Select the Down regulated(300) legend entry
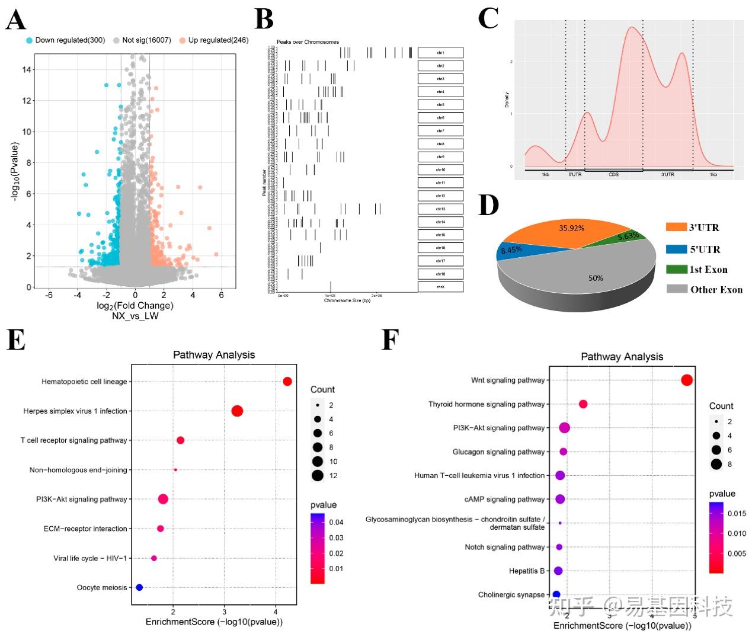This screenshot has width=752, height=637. (x=65, y=40)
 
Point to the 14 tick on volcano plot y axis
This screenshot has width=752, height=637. (x=27, y=69)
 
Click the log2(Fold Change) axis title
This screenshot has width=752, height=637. (x=135, y=306)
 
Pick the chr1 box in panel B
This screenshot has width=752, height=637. (x=440, y=53)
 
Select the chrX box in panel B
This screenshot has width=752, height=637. (x=440, y=287)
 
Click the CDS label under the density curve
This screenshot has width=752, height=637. (x=613, y=175)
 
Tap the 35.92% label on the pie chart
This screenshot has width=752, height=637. (x=571, y=228)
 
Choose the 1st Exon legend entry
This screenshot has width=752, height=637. (x=697, y=270)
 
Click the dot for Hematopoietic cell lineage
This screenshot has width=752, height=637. (x=287, y=382)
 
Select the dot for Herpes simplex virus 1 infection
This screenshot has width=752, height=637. (x=237, y=411)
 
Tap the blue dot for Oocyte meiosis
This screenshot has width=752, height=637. (x=139, y=587)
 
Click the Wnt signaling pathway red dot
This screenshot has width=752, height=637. (x=687, y=380)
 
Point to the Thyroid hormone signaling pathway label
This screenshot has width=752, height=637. (x=486, y=404)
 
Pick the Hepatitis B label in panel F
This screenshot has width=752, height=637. (x=526, y=571)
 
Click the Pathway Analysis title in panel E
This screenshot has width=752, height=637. (x=213, y=355)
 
